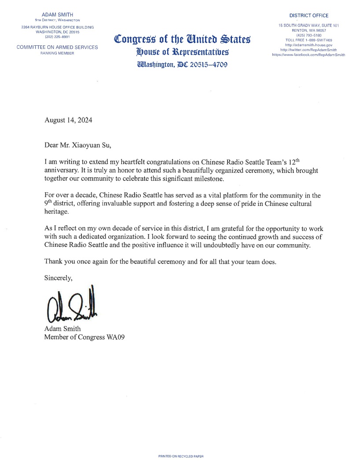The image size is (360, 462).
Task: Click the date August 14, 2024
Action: (x=68, y=120)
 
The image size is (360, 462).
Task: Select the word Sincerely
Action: (x=59, y=278)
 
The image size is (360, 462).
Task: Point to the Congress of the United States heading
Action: (x=182, y=40)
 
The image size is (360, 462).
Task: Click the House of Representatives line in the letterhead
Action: (x=182, y=52)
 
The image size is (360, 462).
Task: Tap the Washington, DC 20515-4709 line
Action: (x=182, y=65)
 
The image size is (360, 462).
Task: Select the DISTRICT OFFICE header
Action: (x=309, y=15)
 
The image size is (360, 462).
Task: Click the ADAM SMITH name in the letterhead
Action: (x=57, y=15)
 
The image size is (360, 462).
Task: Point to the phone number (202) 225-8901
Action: (x=57, y=37)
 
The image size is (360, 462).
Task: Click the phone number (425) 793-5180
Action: (x=309, y=35)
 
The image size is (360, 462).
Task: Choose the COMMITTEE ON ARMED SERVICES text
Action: (x=57, y=48)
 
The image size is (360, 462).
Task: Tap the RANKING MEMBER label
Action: (x=57, y=53)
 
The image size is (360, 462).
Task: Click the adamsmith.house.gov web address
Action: (x=309, y=45)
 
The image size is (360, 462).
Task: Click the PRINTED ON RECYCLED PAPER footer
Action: (x=181, y=457)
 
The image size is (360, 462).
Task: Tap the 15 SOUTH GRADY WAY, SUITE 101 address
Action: (x=309, y=26)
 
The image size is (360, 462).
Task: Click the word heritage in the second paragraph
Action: (x=57, y=212)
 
